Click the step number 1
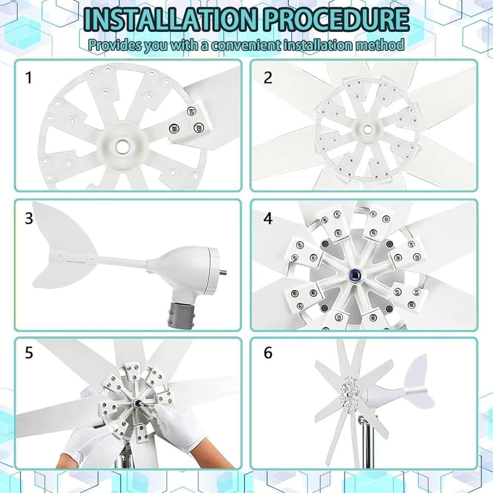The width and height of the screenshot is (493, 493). pos(29,77)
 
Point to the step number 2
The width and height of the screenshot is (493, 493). pos(268,77)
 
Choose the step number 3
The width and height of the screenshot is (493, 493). pos(29,218)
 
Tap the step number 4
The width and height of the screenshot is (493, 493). pos(268,218)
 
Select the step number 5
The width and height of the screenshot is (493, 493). pos(29,353)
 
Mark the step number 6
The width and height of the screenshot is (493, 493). pos(268,353)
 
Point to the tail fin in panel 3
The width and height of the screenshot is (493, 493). pos(62,246)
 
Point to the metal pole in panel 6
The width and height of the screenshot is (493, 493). pos(365,443)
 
